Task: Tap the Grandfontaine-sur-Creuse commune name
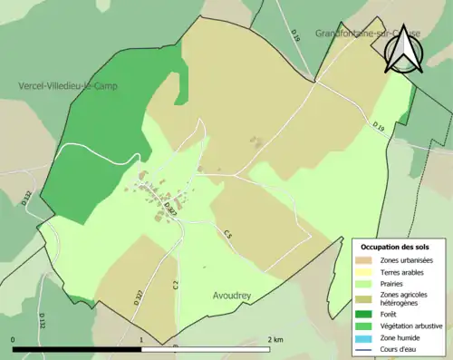tap(355, 34)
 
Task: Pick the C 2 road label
tap(173, 286)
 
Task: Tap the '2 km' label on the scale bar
tap(275, 339)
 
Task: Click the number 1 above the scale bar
tap(142, 339)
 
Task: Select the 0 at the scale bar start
tap(14, 339)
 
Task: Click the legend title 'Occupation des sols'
tap(395, 247)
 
